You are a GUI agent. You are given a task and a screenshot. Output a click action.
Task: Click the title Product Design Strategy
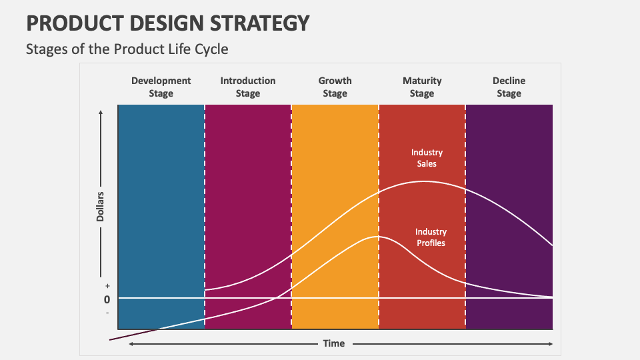[x=168, y=23]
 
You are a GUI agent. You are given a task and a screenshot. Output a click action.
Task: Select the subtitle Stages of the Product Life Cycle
[x=127, y=49]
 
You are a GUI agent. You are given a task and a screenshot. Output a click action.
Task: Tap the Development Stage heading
[x=161, y=87]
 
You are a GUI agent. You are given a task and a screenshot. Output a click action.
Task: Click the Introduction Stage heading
[x=247, y=87]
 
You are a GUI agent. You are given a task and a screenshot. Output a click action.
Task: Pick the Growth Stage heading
[x=335, y=87]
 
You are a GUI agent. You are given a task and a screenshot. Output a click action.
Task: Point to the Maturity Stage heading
[x=421, y=87]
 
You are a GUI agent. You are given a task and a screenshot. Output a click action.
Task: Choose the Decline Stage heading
[x=509, y=87]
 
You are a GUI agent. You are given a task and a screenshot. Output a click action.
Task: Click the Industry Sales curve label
[x=427, y=158]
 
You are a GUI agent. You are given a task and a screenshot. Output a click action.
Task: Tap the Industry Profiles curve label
[x=431, y=237]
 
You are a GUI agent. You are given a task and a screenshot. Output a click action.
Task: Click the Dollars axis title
[x=101, y=207]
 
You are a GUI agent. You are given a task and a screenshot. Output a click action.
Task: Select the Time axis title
[x=334, y=343]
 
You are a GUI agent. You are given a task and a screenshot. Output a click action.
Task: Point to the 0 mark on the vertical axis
[x=107, y=299]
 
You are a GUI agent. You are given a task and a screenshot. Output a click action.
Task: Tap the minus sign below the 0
[x=107, y=313]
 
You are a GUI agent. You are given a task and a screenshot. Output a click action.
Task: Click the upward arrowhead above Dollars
[x=101, y=113]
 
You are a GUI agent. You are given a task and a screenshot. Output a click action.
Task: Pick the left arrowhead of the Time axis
[x=131, y=343]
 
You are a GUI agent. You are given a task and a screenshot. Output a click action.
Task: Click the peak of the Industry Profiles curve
[x=377, y=237]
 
